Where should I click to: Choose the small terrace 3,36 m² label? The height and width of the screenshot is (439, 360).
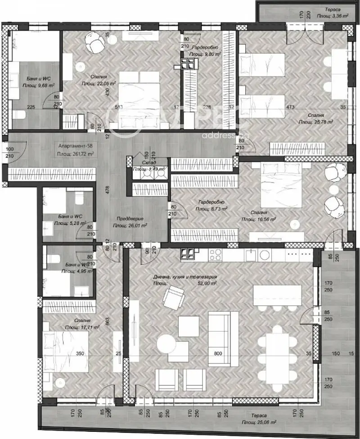[333, 15]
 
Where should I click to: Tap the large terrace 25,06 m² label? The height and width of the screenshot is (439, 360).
[258, 423]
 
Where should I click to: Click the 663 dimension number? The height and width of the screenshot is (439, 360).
[108, 321]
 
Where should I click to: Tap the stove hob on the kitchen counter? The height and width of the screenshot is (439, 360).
[212, 255]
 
